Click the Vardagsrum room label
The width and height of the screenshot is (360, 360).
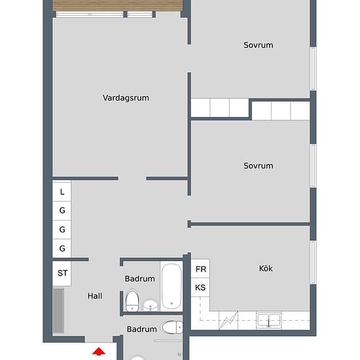[126, 98]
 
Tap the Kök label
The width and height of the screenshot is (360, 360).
[266, 268]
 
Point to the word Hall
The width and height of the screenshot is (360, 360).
[95, 296]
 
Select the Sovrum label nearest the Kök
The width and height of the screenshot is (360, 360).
[259, 166]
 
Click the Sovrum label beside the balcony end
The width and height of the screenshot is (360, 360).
[259, 45]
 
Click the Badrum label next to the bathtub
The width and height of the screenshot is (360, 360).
[140, 279]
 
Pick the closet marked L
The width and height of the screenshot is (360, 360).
[62, 192]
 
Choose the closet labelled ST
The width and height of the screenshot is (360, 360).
[62, 273]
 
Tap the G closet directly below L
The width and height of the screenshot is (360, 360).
[62, 211]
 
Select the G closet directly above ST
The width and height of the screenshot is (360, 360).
[62, 249]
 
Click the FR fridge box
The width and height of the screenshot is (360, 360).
[200, 268]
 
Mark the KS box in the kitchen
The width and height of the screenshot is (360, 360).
[200, 287]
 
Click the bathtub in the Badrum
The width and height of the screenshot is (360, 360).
[171, 286]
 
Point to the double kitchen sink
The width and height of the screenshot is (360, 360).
[269, 320]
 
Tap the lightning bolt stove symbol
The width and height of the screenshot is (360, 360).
[228, 320]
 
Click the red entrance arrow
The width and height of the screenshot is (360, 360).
[99, 351]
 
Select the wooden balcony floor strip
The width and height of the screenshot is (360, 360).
[118, 5]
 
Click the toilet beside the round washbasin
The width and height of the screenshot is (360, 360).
[132, 300]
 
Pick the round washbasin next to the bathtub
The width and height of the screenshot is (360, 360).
[151, 305]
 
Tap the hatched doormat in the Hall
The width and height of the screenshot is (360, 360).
[58, 311]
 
